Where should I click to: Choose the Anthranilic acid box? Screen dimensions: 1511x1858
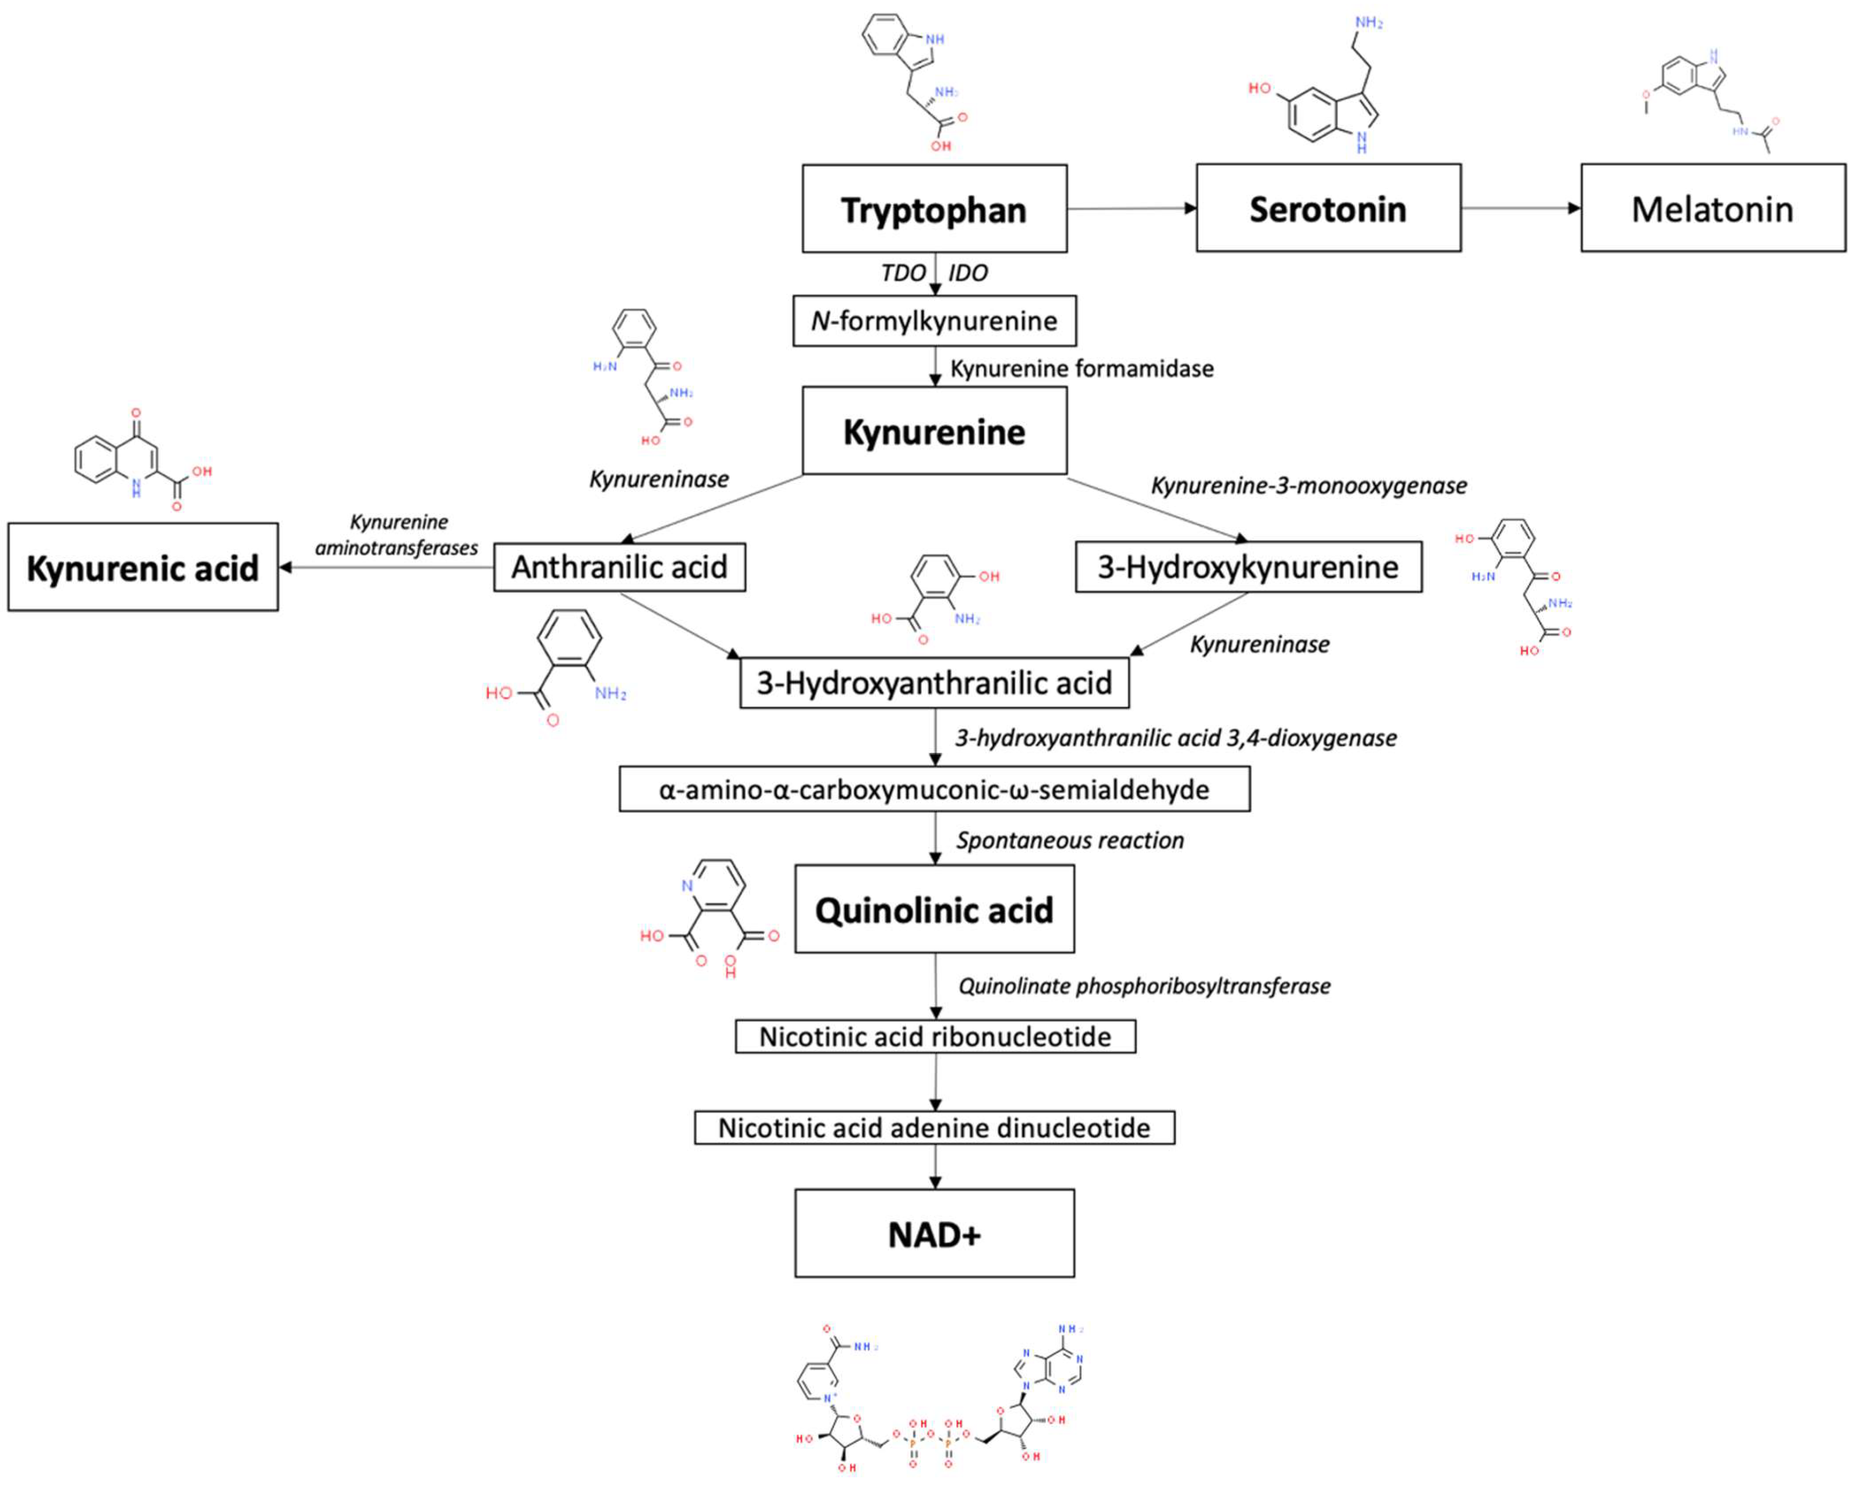click(619, 568)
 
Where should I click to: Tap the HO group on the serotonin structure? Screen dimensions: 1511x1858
click(1259, 88)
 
